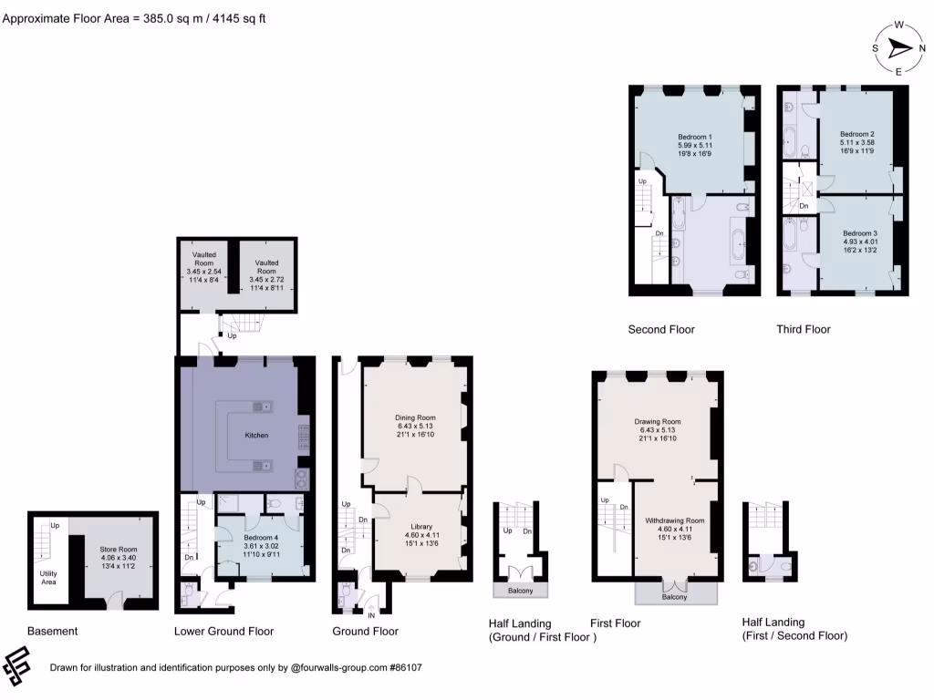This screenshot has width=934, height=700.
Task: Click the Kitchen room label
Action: coord(256,436)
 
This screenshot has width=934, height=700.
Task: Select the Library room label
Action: coord(420,527)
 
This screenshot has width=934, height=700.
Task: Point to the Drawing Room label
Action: coord(658,422)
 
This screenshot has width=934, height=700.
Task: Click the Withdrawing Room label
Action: coord(675,520)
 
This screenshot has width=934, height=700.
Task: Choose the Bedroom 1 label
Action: coord(694,137)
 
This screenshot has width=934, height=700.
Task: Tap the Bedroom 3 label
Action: coord(859,232)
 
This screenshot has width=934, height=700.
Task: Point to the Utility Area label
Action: coord(49,576)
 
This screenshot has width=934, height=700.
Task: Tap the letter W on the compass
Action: coord(898,26)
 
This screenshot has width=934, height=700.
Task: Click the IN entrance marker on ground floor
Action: coord(371,614)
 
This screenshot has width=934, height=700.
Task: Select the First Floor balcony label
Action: coord(675,597)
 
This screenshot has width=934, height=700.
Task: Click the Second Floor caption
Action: coord(661,329)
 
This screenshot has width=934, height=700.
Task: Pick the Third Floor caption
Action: coord(803,329)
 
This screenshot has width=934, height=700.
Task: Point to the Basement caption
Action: coord(52,631)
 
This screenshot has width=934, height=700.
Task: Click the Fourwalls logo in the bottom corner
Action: coord(18,666)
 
